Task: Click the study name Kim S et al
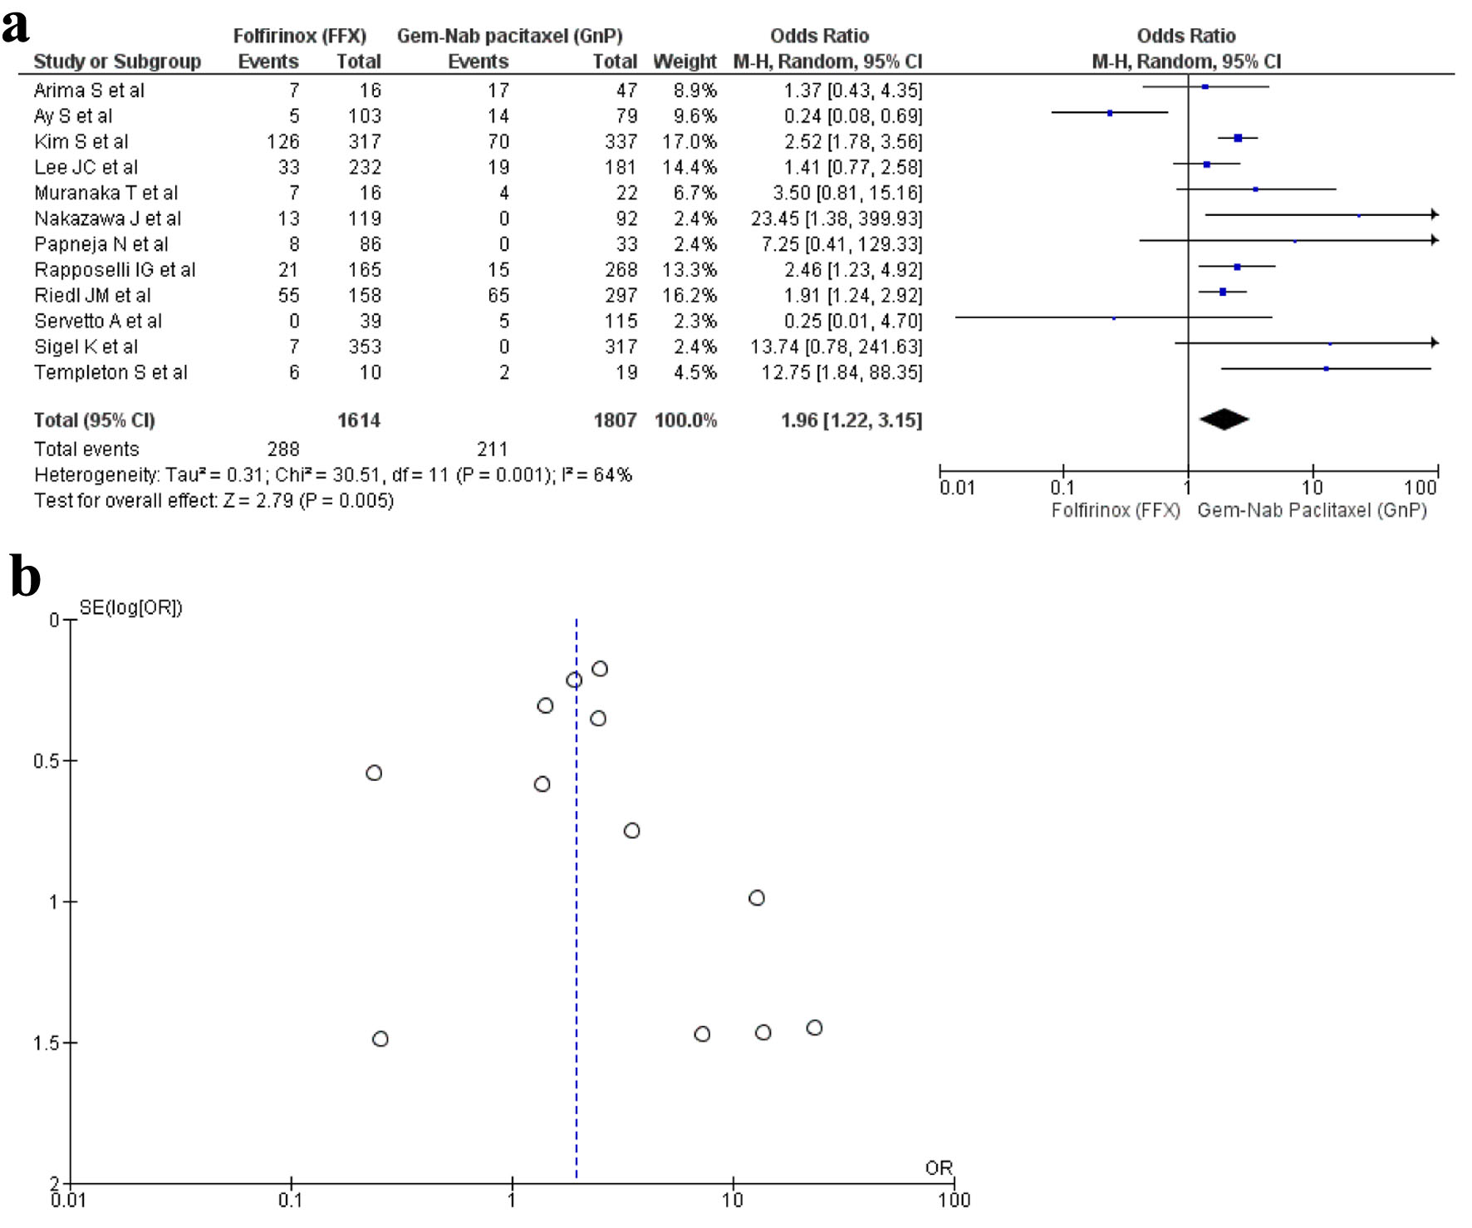tap(81, 141)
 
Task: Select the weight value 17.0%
tap(689, 141)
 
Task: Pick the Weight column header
tap(684, 61)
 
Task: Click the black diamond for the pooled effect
tap(1224, 420)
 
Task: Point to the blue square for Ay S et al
tap(1110, 113)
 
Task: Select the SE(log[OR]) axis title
tap(130, 607)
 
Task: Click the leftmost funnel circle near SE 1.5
tap(380, 1039)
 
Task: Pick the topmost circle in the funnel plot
tap(600, 669)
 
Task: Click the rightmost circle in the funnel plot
tap(815, 1028)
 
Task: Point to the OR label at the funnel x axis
tap(939, 1167)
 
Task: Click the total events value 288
tap(283, 449)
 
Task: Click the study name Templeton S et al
tap(110, 372)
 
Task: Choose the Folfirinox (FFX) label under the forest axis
tap(1115, 510)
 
